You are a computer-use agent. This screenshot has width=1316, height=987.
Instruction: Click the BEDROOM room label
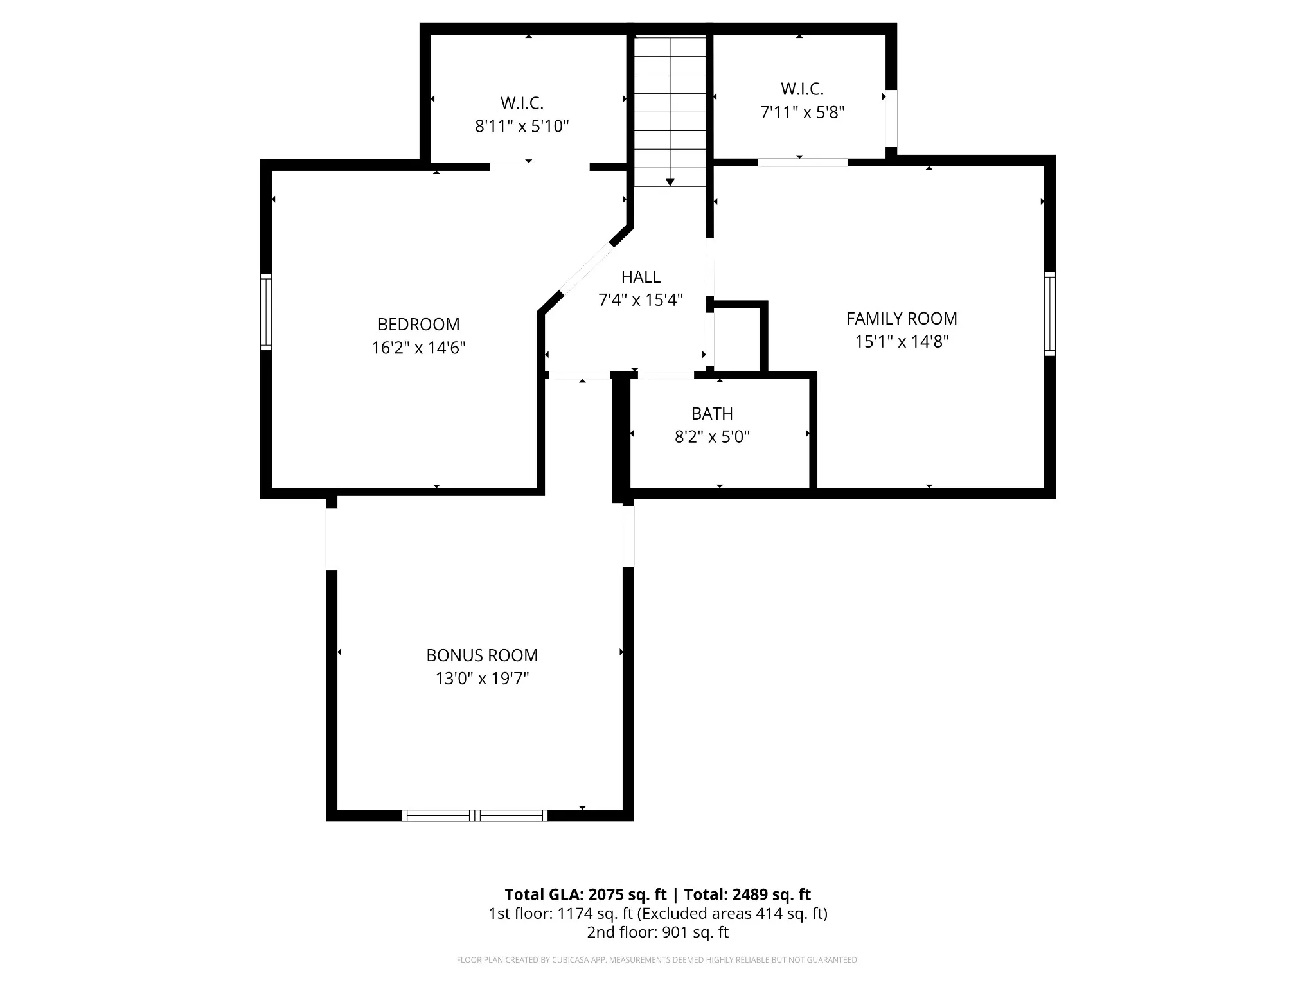point(418,324)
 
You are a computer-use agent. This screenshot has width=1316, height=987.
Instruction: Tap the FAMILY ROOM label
point(902,318)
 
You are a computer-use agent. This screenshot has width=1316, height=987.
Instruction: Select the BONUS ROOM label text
point(482,655)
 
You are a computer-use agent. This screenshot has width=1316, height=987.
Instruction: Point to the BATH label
point(712,413)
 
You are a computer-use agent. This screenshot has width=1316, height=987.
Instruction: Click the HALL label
point(641,276)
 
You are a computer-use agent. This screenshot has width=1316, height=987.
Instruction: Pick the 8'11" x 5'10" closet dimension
point(522,126)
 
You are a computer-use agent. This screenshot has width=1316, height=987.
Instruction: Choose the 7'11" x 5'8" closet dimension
point(802,112)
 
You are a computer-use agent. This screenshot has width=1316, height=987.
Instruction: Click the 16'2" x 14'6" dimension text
point(418,348)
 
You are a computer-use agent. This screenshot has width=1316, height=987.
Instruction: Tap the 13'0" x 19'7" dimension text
point(482,679)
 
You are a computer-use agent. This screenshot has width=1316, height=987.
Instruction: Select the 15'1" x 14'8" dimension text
point(902,341)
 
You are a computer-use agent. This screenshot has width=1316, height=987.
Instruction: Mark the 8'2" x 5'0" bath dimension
point(712,437)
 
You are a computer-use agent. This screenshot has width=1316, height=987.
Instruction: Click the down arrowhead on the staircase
point(670,182)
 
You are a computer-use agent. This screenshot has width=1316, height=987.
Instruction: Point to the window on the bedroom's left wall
point(266,312)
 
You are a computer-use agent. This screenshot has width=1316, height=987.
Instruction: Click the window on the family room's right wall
point(1049,314)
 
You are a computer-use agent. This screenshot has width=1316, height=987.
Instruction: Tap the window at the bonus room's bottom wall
point(475,815)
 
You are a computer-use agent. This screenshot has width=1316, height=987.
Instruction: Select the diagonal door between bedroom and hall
point(587,269)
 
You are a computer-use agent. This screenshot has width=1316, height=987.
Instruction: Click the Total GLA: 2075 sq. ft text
point(586,894)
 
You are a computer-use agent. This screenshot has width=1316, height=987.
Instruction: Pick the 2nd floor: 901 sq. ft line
point(657,932)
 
